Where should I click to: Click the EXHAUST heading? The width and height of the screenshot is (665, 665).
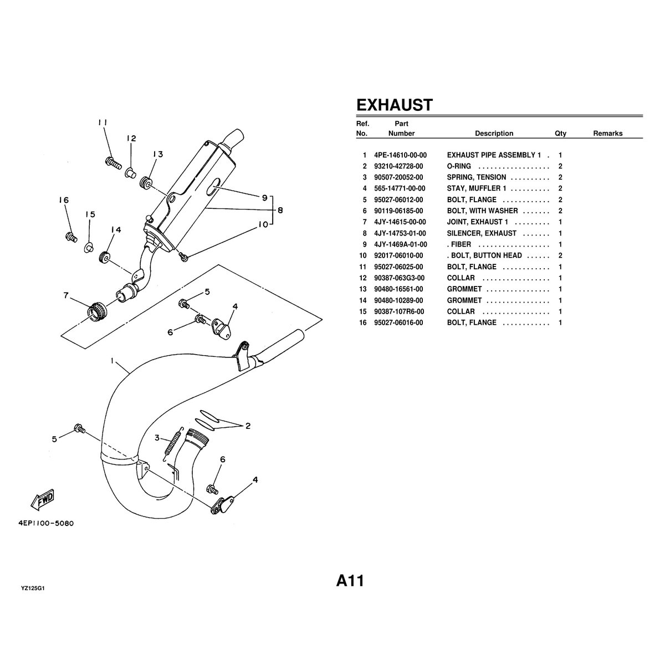click(394, 105)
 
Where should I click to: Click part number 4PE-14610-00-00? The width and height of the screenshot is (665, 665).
click(400, 155)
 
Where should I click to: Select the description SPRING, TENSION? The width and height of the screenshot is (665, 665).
click(476, 177)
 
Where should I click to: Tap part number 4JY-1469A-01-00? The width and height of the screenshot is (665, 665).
click(400, 244)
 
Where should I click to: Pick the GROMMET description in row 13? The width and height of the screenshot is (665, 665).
click(464, 289)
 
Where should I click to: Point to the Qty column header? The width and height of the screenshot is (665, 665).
click(560, 134)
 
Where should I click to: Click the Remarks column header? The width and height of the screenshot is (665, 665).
click(608, 133)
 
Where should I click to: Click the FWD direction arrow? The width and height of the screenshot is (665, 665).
click(43, 500)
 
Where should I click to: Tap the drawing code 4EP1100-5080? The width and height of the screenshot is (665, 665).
click(46, 523)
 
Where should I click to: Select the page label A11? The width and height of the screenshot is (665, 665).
click(350, 581)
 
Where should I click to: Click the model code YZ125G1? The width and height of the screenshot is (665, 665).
click(33, 589)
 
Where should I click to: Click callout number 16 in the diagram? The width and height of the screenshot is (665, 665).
click(64, 200)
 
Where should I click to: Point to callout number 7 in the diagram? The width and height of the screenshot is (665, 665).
click(66, 295)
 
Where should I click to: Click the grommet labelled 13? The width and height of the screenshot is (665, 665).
click(145, 182)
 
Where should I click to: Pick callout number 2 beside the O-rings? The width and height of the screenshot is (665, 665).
click(248, 426)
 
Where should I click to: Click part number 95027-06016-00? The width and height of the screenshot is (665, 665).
click(398, 323)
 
